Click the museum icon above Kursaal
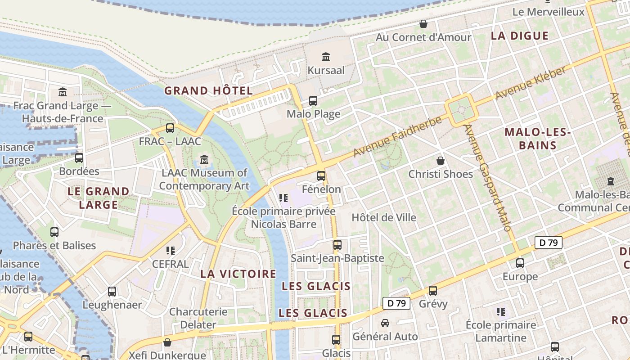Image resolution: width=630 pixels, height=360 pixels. point(326,57)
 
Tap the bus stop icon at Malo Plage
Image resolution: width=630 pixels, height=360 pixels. point(313,101)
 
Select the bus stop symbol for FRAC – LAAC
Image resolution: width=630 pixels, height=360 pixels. point(170,128)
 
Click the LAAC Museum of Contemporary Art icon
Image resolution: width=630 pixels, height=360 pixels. point(204,159)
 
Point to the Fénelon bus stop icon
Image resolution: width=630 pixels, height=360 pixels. point(321,176)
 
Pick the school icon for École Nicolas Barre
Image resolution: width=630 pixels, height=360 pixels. point(283,198)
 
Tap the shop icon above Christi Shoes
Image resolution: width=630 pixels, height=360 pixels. point(441,161)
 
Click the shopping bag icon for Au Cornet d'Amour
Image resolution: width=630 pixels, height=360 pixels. point(423,24)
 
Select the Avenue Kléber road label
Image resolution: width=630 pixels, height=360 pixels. point(531,84)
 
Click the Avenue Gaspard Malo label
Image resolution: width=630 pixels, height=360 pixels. point(488,178)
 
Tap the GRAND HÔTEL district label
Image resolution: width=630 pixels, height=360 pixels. point(208,90)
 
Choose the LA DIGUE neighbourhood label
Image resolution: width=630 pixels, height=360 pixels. point(520,36)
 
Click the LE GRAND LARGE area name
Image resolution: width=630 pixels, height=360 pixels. point(99,198)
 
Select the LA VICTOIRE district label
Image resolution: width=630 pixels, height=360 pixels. point(238,274)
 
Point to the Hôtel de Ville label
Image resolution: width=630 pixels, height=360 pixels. point(384,217)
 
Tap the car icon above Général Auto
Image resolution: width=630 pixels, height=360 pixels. point(385,323)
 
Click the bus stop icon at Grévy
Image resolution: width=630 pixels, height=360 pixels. point(433,291)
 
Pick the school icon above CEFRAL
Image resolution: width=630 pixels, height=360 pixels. point(170,250)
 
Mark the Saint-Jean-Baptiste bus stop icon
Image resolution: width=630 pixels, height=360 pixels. point(337,245)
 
